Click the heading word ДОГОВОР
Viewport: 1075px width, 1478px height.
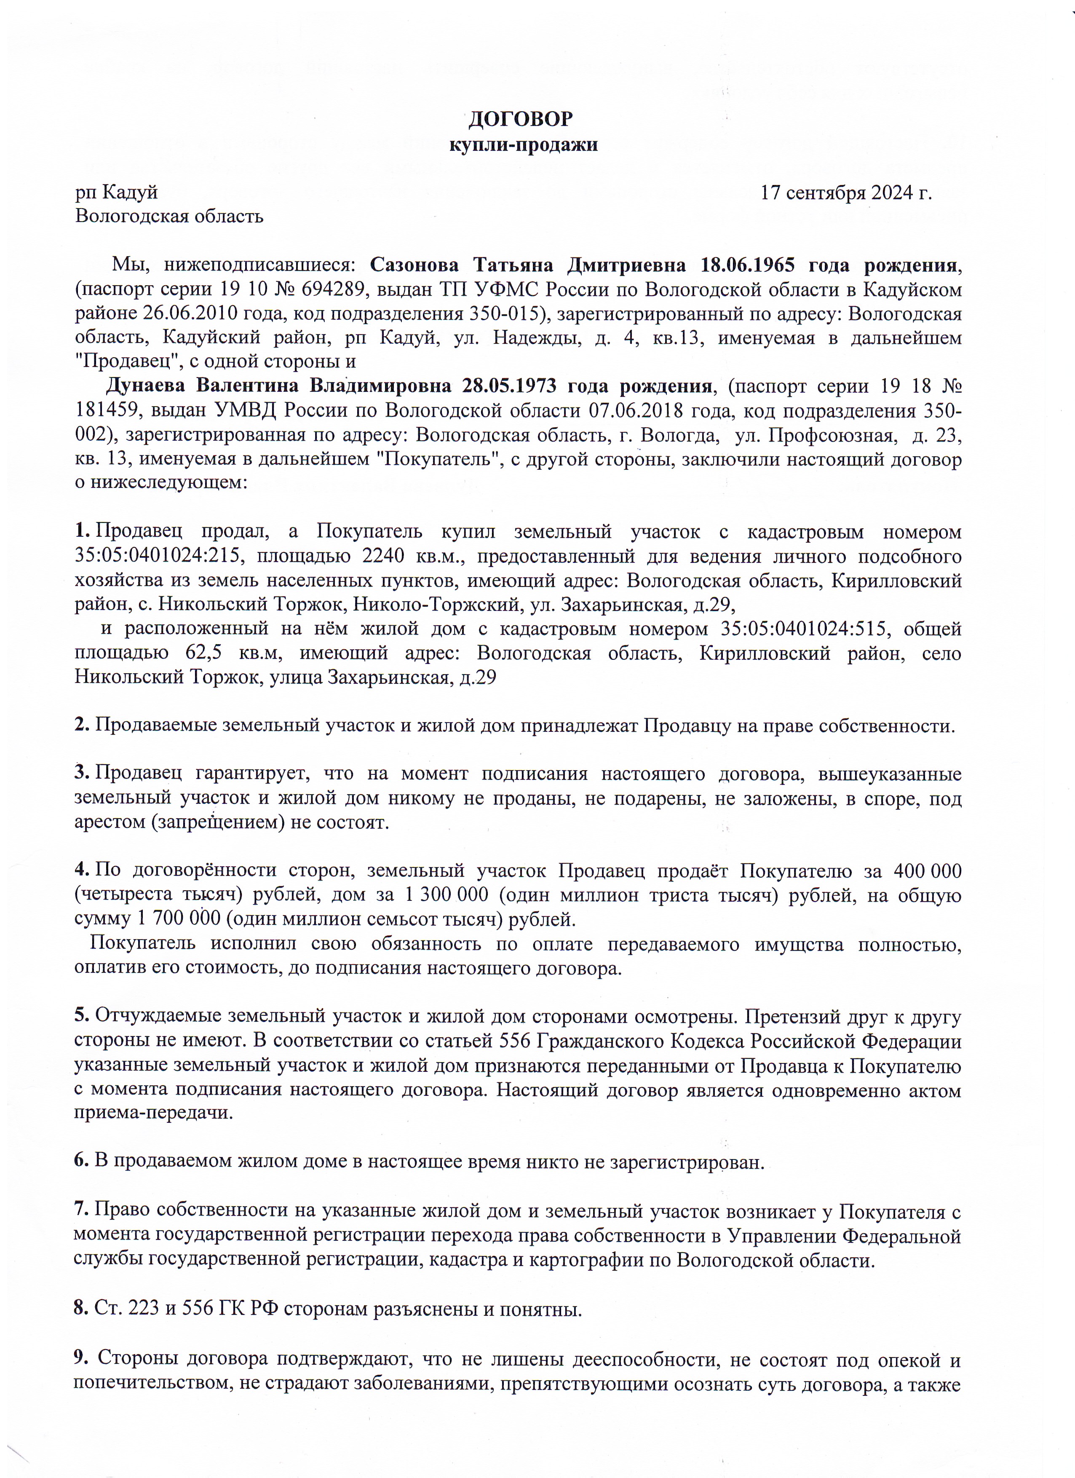click(x=521, y=119)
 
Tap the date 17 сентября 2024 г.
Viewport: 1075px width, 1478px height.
click(x=846, y=193)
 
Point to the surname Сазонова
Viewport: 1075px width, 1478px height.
click(x=414, y=265)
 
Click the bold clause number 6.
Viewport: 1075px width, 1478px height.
click(x=81, y=1161)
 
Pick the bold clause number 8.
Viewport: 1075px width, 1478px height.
click(x=81, y=1308)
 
